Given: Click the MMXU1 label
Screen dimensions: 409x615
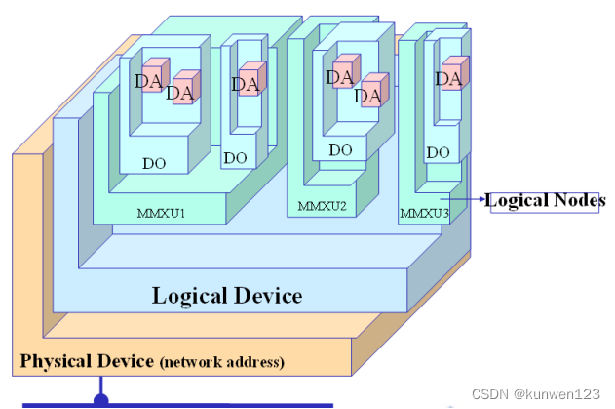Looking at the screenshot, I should (161, 212).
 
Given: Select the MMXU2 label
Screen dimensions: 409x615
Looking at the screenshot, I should (323, 206).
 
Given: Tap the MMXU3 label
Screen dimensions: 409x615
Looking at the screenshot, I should (424, 213).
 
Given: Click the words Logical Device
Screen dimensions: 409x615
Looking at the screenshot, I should (227, 295).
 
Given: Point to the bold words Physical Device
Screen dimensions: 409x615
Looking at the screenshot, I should (87, 361).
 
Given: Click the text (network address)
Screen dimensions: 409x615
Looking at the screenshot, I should (222, 362).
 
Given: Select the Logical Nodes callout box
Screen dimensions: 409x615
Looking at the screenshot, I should (545, 201).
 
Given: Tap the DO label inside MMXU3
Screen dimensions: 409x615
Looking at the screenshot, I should (439, 152).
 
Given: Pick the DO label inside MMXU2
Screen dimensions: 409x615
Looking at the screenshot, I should (340, 150).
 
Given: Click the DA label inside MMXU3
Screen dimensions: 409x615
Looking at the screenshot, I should (447, 78).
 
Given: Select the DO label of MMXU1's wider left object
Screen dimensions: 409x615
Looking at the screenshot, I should (154, 163).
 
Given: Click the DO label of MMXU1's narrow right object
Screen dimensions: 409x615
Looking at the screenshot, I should (235, 157).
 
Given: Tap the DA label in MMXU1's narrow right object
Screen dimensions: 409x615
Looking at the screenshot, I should (245, 84).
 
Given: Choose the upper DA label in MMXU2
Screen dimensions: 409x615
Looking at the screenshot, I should (339, 77).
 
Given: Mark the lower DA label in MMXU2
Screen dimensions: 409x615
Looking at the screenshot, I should (366, 96).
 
